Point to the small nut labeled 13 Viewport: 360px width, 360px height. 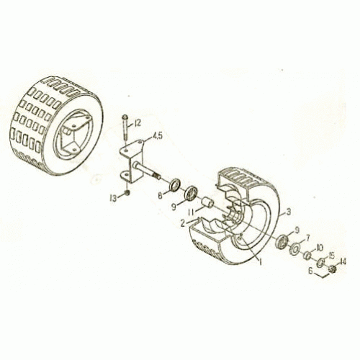tap(127, 192)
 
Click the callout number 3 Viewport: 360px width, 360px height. tap(288, 212)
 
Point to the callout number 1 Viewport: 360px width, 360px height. tap(259, 262)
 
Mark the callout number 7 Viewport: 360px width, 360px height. tap(307, 237)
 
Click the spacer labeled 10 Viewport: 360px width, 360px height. tap(307, 256)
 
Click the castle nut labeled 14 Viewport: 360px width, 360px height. tap(333, 270)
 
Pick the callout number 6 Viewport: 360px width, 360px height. tap(310, 271)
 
